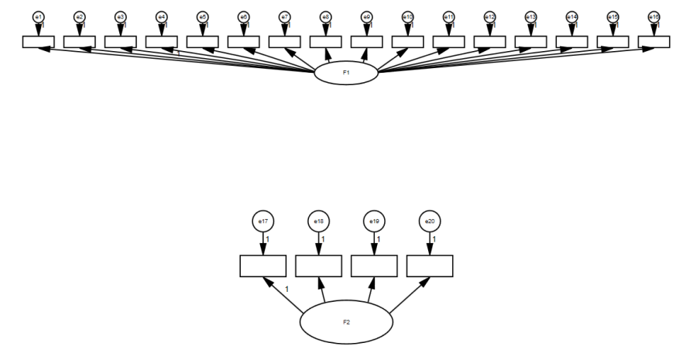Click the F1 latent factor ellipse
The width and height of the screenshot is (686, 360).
(346, 74)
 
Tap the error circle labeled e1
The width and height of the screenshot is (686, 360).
(39, 16)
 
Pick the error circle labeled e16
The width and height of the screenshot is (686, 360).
(654, 16)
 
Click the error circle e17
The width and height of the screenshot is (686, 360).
(263, 221)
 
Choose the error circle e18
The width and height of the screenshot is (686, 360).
(318, 221)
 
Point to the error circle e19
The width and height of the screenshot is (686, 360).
(374, 221)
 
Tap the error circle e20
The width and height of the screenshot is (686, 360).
(429, 221)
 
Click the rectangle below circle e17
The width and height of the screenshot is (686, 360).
(263, 266)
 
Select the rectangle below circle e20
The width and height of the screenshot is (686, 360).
(429, 266)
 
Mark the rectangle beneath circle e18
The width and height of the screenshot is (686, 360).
(318, 266)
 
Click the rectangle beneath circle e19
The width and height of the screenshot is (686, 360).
(374, 266)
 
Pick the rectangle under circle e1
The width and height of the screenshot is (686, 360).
(39, 41)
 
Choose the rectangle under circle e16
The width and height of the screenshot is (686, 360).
(654, 41)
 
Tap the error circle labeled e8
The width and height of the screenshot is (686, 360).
(326, 16)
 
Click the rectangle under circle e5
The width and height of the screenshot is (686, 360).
(203, 41)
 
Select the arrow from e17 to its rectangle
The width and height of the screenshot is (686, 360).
(263, 243)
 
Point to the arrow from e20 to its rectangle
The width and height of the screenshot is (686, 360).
(429, 243)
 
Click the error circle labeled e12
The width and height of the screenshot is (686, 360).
(490, 16)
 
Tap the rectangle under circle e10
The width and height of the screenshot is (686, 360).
(408, 41)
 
